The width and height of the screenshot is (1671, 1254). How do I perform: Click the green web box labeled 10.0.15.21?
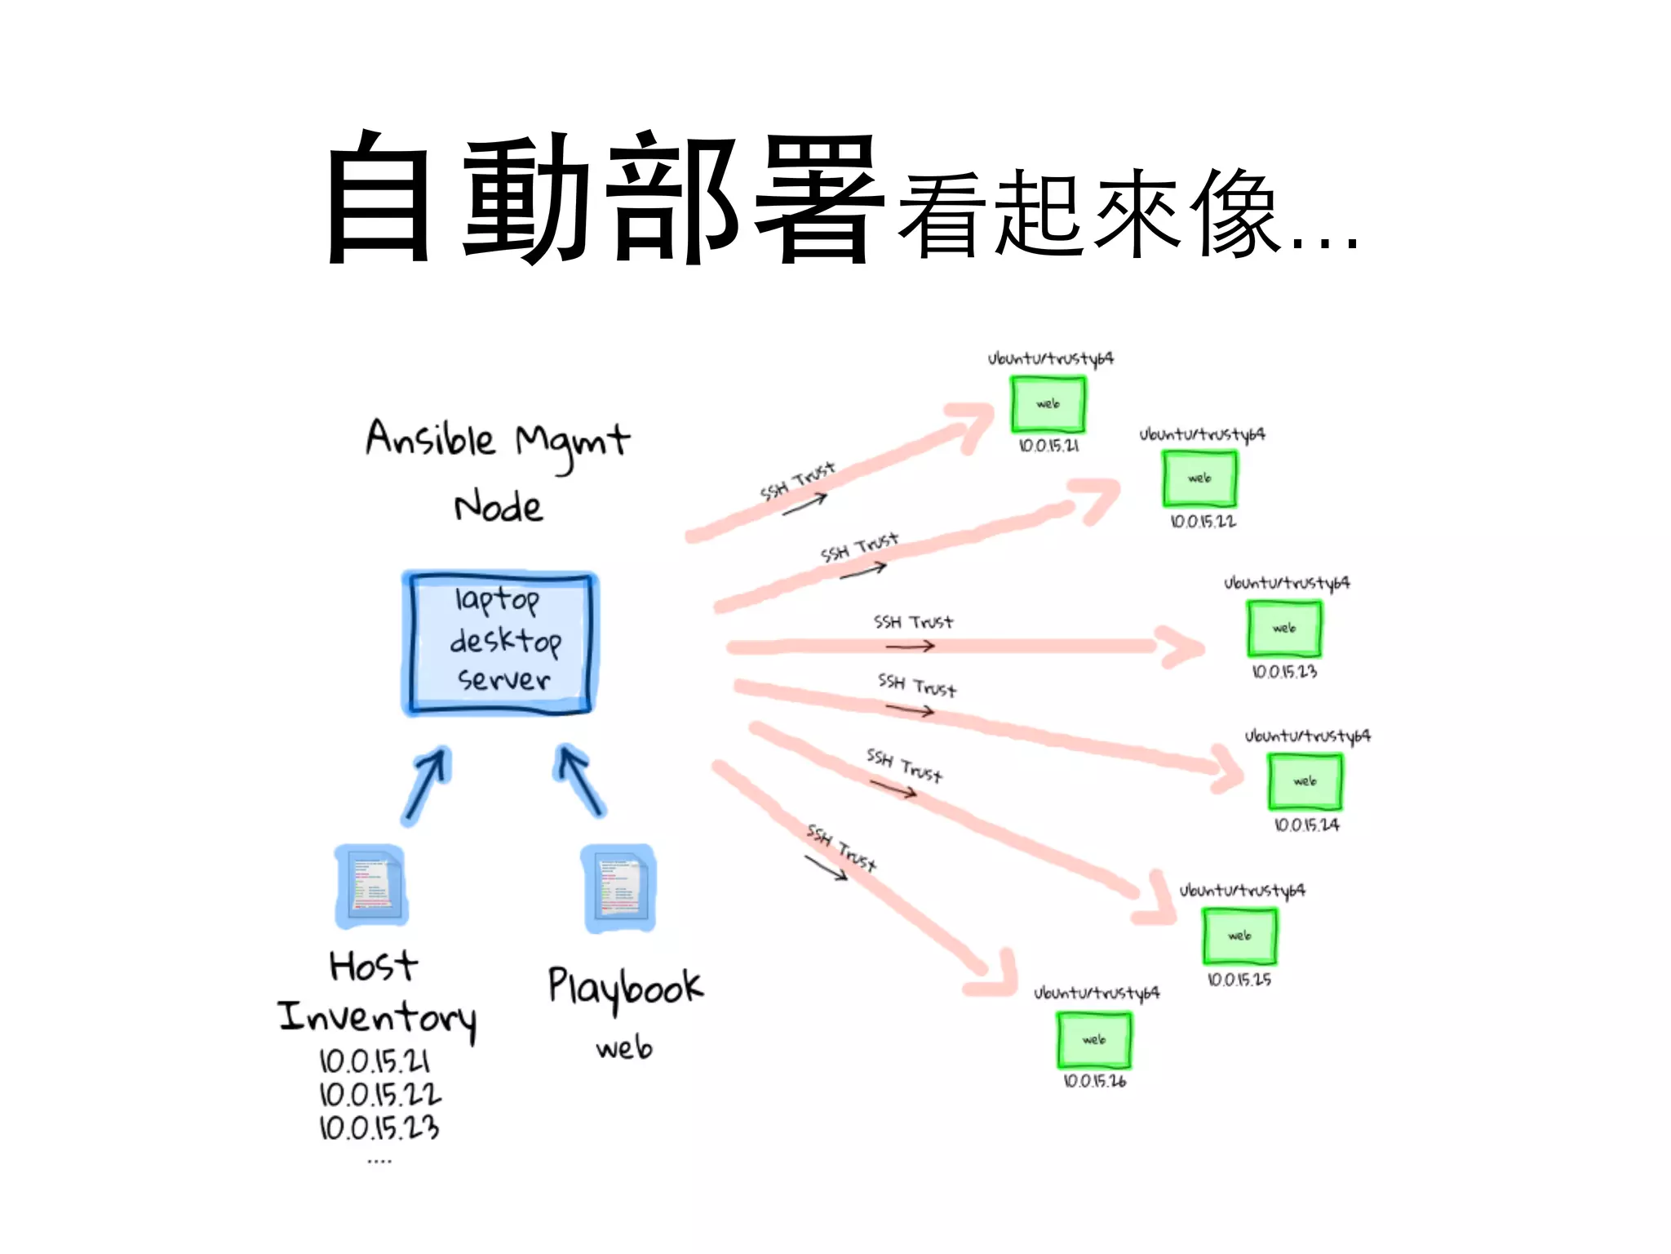pyautogui.click(x=1048, y=404)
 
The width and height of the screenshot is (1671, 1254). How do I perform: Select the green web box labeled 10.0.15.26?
pyautogui.click(x=1094, y=1040)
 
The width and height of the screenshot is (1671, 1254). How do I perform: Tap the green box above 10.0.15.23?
pyautogui.click(x=1284, y=629)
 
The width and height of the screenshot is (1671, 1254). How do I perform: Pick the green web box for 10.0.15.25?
pyautogui.click(x=1239, y=936)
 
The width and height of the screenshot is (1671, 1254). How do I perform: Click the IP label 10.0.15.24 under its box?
pyautogui.click(x=1306, y=825)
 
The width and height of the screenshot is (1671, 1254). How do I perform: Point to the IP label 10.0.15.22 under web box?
pyautogui.click(x=1203, y=522)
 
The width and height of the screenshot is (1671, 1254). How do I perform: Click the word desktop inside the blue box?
pyautogui.click(x=505, y=642)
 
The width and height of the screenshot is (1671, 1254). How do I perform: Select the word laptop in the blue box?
pyautogui.click(x=497, y=600)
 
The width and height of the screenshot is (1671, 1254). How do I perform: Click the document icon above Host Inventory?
pyautogui.click(x=372, y=885)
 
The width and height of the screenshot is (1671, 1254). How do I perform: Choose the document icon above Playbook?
pyautogui.click(x=619, y=888)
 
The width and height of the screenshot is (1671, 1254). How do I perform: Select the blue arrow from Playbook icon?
pyautogui.click(x=581, y=780)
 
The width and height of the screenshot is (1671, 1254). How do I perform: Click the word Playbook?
pyautogui.click(x=625, y=988)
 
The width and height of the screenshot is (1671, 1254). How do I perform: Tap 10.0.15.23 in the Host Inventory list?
pyautogui.click(x=379, y=1128)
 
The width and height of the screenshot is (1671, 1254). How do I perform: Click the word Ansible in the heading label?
pyautogui.click(x=430, y=438)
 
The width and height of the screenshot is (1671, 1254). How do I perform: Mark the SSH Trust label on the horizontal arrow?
pyautogui.click(x=913, y=623)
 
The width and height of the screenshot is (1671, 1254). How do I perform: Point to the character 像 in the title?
pyautogui.click(x=1234, y=214)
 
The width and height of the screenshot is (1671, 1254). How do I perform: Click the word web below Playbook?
pyautogui.click(x=624, y=1047)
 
